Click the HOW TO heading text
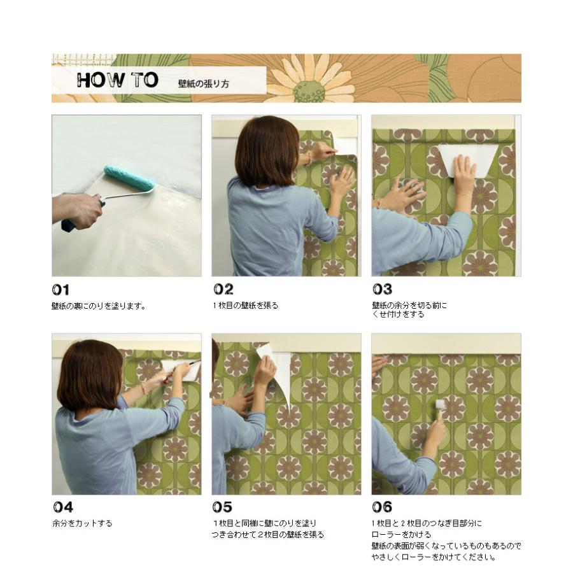(117, 81)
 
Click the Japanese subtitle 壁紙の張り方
(204, 83)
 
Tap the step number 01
(61, 290)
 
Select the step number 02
(222, 290)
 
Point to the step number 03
(382, 290)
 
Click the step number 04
(62, 507)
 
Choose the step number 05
(222, 507)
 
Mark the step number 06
(382, 507)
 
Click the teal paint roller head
(129, 178)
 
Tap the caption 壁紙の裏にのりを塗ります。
(99, 306)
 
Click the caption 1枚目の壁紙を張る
(245, 306)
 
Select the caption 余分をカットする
(82, 523)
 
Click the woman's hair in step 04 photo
(89, 372)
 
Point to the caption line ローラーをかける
(401, 535)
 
